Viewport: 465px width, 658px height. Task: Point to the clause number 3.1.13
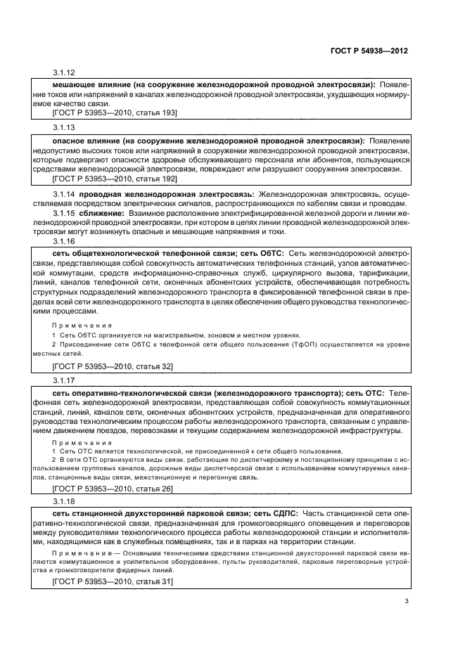click(64, 127)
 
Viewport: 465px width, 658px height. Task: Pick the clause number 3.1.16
click(64, 240)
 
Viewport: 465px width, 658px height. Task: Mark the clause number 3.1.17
click(64, 377)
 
